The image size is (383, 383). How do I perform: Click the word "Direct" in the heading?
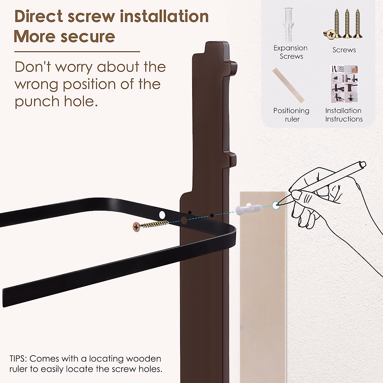pyautogui.click(x=39, y=16)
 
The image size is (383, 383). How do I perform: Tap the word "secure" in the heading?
pyautogui.click(x=88, y=36)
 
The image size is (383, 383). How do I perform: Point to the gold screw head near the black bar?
pyautogui.click(x=136, y=227)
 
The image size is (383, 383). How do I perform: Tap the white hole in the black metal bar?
pyautogui.click(x=162, y=215)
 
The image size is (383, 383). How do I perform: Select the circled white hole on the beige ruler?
pyautogui.click(x=275, y=206)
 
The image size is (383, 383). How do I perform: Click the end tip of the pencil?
pyautogui.click(x=279, y=203)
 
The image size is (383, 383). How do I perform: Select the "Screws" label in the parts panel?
pyautogui.click(x=344, y=50)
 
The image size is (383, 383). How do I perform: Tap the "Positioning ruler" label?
pyautogui.click(x=291, y=115)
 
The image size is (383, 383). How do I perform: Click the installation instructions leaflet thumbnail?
pyautogui.click(x=344, y=84)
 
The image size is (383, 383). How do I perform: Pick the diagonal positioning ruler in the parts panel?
pyautogui.click(x=289, y=86)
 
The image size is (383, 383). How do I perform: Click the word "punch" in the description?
pyautogui.click(x=37, y=101)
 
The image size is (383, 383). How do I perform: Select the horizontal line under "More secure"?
pyautogui.click(x=77, y=52)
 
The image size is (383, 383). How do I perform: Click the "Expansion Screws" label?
pyautogui.click(x=290, y=52)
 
